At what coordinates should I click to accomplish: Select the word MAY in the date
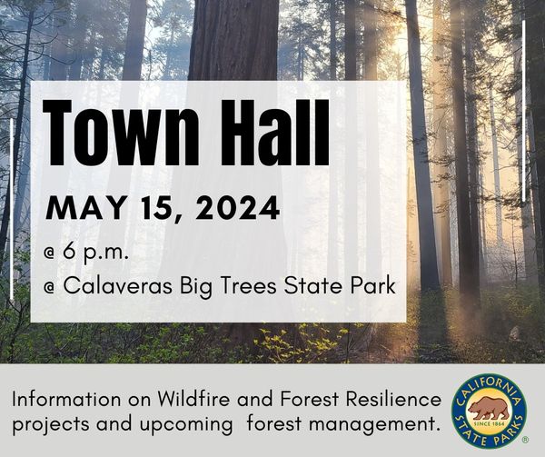[85, 208]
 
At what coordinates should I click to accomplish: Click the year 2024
[237, 208]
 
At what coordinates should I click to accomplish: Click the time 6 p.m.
[95, 252]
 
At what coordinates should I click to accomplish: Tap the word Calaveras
[117, 286]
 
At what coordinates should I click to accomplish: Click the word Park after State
[373, 286]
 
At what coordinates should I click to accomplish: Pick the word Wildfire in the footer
[193, 399]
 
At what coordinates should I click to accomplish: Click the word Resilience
[393, 399]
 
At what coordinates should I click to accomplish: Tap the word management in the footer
[372, 424]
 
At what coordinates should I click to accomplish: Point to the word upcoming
[186, 425]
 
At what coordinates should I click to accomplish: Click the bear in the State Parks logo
[489, 408]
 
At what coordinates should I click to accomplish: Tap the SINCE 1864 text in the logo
[489, 424]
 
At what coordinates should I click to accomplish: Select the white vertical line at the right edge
[524, 111]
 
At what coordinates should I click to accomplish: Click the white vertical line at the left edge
[12, 209]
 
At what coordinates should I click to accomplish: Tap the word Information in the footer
[66, 399]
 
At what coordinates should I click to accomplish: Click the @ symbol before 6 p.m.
[50, 253]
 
